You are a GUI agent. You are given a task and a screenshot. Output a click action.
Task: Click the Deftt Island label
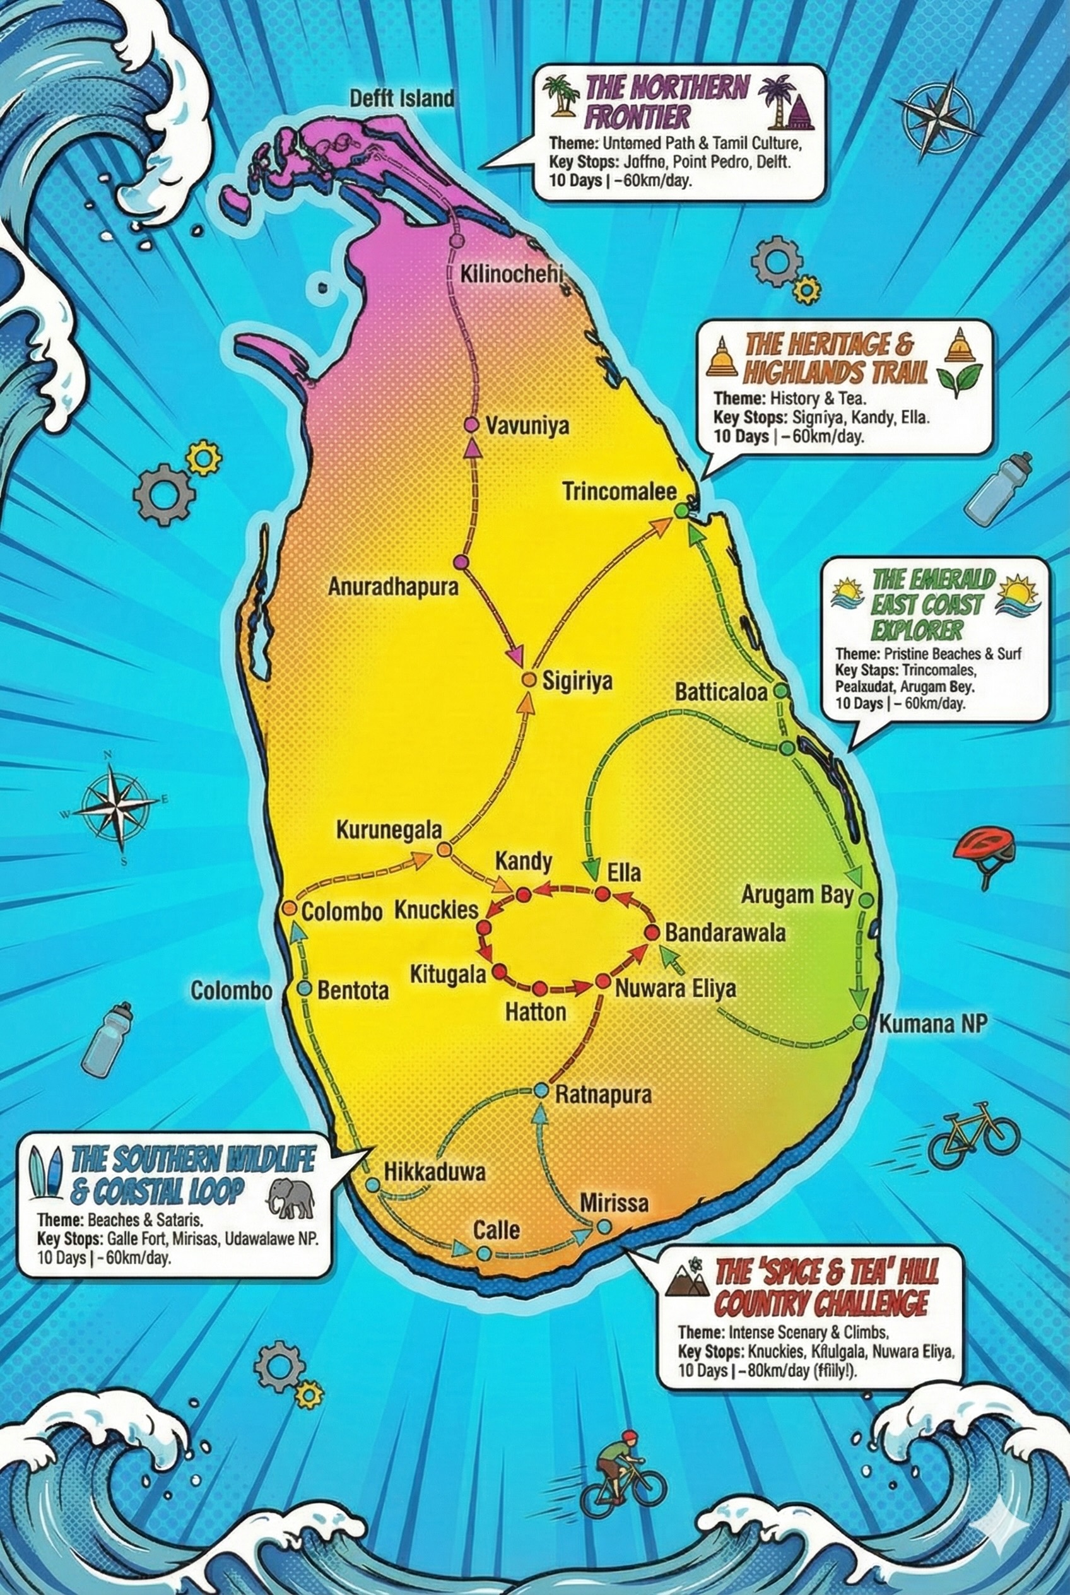tap(401, 98)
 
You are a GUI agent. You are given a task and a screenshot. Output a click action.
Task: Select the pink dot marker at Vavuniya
tap(470, 425)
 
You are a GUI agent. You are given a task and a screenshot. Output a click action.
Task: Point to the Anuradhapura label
tap(393, 587)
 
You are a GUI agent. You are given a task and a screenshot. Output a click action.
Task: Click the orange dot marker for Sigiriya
tap(527, 680)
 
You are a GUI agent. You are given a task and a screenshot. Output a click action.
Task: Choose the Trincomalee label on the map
tap(619, 491)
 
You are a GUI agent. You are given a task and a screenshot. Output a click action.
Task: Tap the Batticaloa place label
tap(721, 692)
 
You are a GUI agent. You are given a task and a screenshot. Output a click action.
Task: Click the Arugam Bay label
tap(797, 895)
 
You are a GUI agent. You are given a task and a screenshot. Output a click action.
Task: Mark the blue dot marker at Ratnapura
tap(541, 1092)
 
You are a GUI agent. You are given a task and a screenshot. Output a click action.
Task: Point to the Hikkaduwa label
tap(435, 1172)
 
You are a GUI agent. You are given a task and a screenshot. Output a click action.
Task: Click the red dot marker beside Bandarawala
tap(651, 933)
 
